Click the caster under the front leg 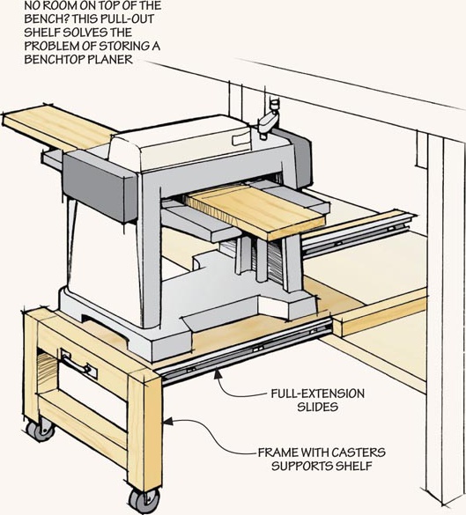144,500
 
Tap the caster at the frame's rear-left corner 41,429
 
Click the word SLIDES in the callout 317,407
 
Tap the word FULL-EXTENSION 317,394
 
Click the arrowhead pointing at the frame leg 168,422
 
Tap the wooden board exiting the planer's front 255,210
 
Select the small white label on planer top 241,138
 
